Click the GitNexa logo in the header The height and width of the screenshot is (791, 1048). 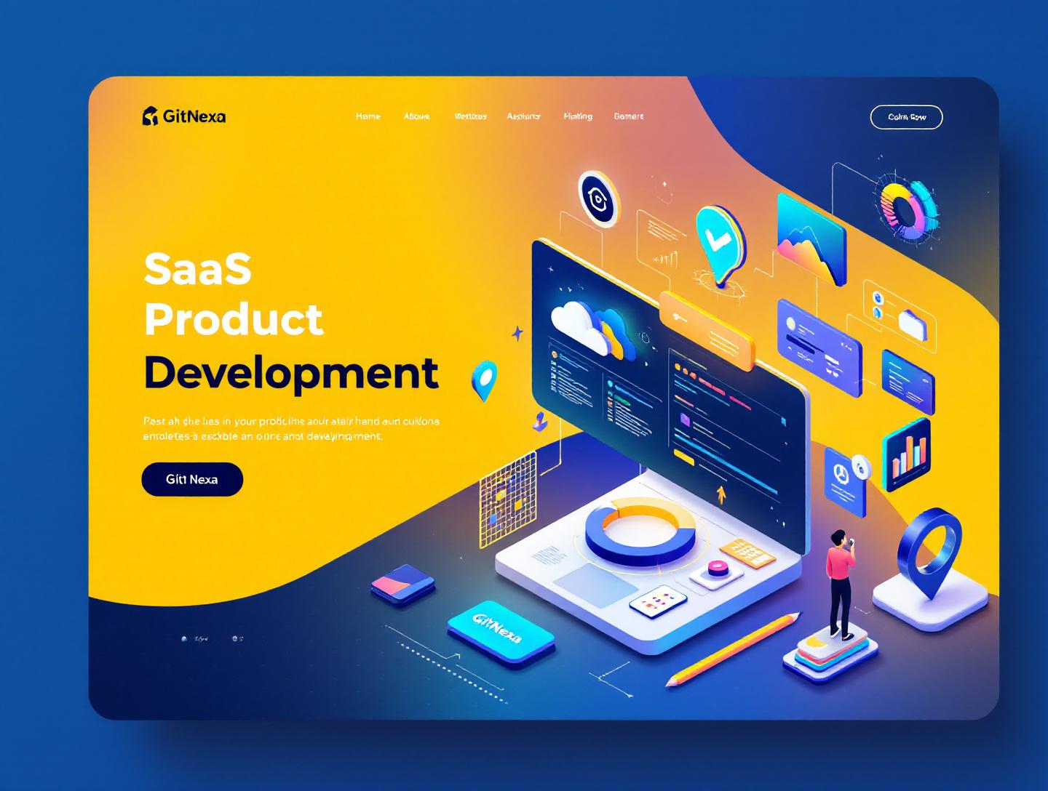183,116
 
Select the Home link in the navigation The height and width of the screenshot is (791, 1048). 368,116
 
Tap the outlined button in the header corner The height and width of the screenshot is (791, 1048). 906,117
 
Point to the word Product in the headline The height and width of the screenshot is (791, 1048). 234,319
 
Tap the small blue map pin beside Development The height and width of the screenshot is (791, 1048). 484,380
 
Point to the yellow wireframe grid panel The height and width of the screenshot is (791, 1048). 508,498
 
